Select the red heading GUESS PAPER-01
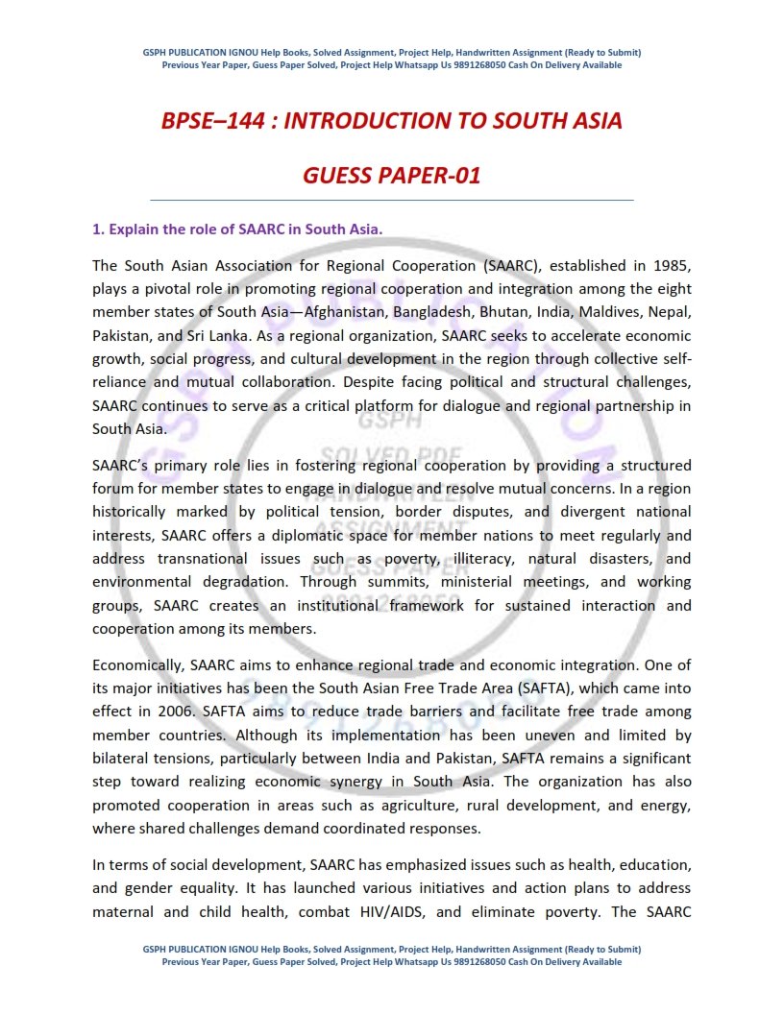click(391, 176)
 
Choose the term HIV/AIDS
click(384, 911)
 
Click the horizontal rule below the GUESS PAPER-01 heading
click(392, 200)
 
